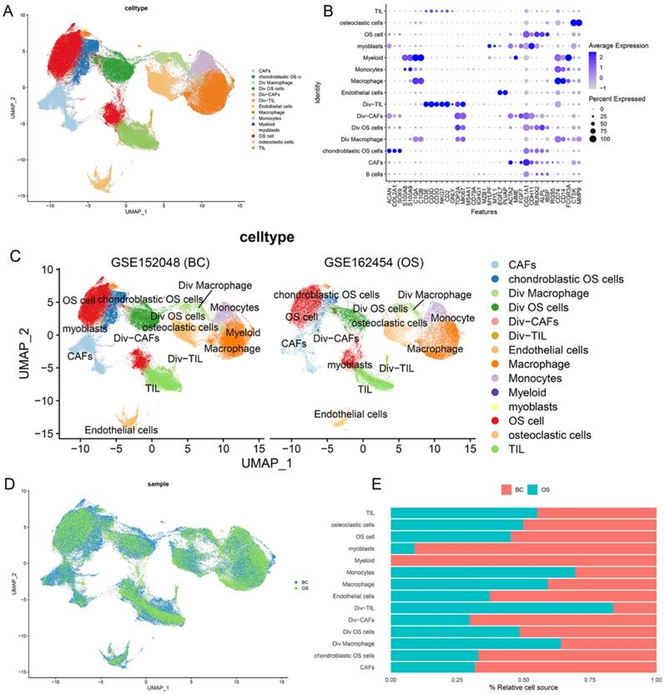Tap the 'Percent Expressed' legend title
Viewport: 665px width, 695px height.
617,98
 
